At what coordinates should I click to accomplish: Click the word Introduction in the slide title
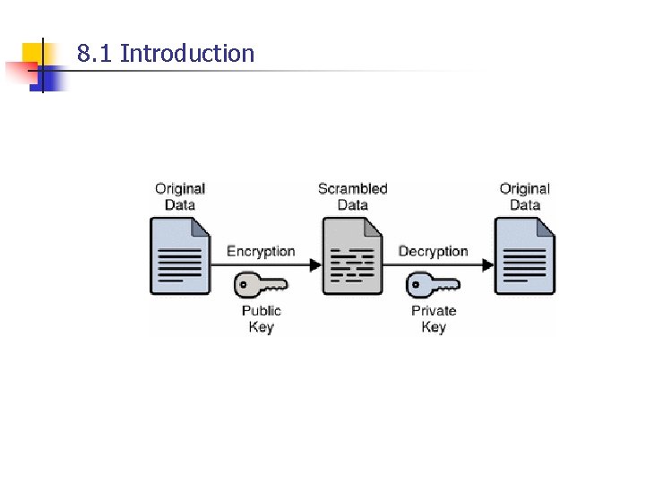point(187,54)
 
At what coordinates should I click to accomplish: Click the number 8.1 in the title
point(95,54)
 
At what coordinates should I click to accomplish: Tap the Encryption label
point(261,251)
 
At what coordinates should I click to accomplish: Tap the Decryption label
point(434,251)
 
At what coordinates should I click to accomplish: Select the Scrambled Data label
point(353,196)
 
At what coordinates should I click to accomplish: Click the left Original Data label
point(180,196)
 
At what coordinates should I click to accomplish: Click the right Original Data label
point(525,196)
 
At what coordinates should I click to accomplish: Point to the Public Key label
point(261,318)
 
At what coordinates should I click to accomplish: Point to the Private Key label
point(434,318)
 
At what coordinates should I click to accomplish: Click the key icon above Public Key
point(260,285)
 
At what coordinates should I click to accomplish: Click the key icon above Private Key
point(433,285)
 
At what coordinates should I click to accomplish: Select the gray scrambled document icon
point(352,256)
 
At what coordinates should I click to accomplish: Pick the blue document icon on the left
point(180,256)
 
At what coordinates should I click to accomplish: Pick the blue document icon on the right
point(525,256)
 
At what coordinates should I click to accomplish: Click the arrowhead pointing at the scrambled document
point(314,264)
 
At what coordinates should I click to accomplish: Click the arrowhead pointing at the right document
point(487,264)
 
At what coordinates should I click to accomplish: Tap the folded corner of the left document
point(200,227)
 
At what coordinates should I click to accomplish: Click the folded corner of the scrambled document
point(373,227)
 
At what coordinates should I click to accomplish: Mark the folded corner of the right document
point(545,227)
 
